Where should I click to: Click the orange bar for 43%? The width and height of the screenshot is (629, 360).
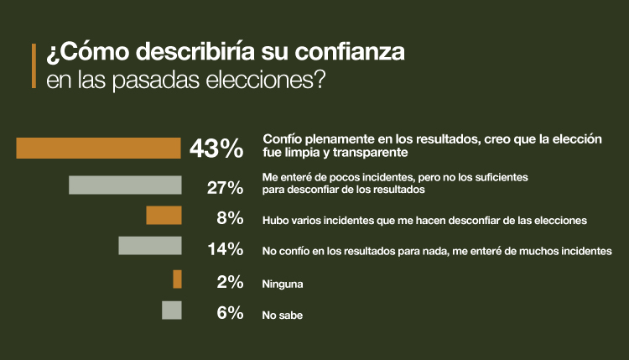point(98,148)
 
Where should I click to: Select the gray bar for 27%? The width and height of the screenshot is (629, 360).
point(125,185)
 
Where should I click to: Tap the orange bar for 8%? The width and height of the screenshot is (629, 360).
point(164,216)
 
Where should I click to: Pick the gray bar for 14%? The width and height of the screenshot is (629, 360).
point(150,245)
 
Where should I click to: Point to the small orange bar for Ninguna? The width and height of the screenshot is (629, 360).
point(177,279)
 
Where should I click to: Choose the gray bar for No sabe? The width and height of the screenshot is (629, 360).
point(171,310)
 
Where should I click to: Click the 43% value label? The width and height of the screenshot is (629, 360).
point(216,149)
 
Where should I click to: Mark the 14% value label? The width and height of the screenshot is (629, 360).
point(225,248)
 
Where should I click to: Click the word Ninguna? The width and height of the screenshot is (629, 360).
point(283,284)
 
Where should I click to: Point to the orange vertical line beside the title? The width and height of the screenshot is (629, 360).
point(34,66)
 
